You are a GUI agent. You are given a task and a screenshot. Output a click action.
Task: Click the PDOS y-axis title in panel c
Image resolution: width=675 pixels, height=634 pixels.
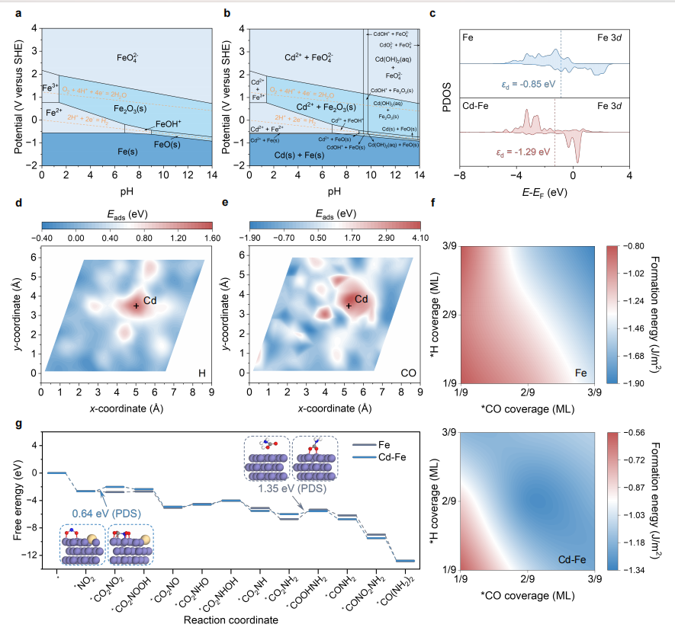[x=447, y=96]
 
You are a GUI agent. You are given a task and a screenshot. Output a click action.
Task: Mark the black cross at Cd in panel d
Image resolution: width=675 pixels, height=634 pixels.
[x=136, y=306]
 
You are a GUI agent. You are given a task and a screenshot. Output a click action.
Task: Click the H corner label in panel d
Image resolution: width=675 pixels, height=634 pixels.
[x=203, y=373]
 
